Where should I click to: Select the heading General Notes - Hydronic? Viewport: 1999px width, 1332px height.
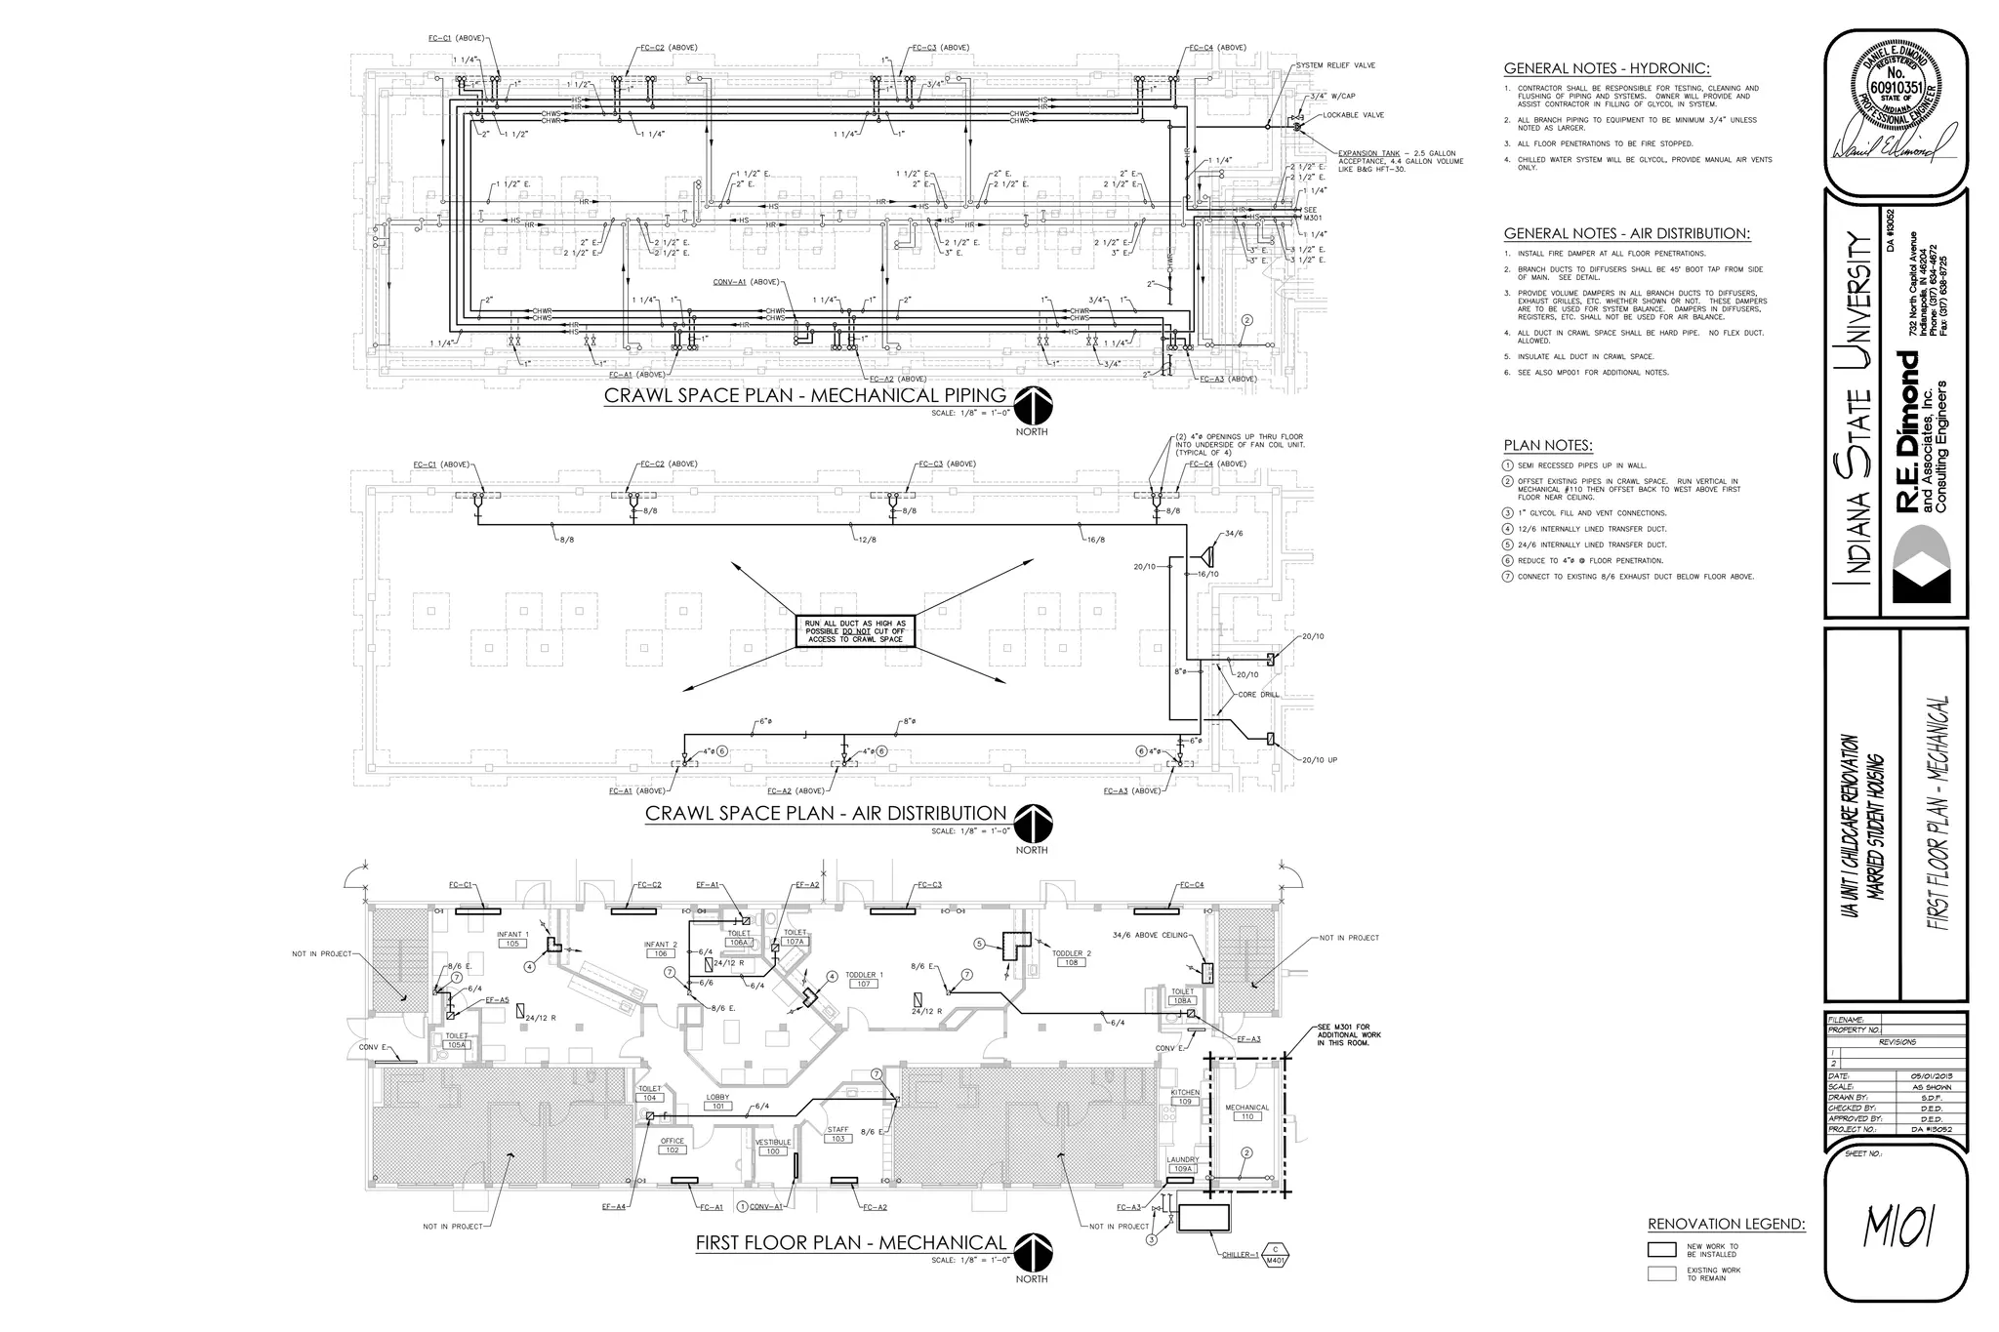[1607, 68]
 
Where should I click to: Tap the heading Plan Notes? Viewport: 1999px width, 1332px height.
[1548, 446]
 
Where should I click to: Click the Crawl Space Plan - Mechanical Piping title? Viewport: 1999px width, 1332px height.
[804, 395]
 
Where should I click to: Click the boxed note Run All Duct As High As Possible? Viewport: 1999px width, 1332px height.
[855, 630]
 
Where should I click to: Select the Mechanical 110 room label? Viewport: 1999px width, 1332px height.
[1246, 1111]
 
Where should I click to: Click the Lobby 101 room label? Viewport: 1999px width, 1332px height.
[717, 1102]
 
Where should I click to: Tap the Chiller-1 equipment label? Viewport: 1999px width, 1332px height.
[1240, 1254]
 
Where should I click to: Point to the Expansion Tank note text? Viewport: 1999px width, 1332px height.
[1400, 161]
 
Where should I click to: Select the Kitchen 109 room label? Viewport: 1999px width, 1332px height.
[1184, 1097]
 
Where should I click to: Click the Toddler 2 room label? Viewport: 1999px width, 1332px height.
[1071, 957]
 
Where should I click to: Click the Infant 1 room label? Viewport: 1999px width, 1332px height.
[512, 939]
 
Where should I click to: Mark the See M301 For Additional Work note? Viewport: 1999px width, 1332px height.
[1349, 1034]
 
